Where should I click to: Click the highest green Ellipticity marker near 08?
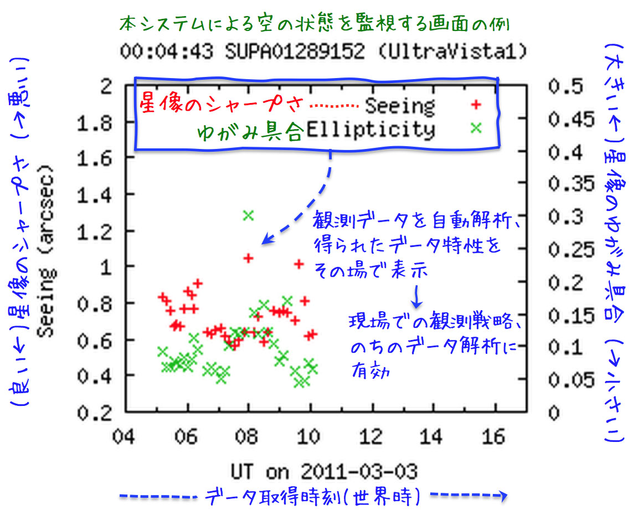click(x=248, y=215)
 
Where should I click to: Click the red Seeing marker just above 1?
click(x=248, y=257)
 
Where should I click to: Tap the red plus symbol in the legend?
click(x=475, y=105)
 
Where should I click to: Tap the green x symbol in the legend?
click(x=475, y=128)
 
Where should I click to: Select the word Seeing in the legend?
click(x=400, y=105)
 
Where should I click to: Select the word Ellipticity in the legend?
click(x=370, y=130)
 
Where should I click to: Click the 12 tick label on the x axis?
click(x=369, y=437)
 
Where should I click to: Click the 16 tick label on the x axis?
click(x=492, y=437)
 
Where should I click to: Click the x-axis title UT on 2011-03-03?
click(x=324, y=472)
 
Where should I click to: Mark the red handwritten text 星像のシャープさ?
click(x=222, y=104)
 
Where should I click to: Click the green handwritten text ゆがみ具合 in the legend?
click(x=250, y=131)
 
